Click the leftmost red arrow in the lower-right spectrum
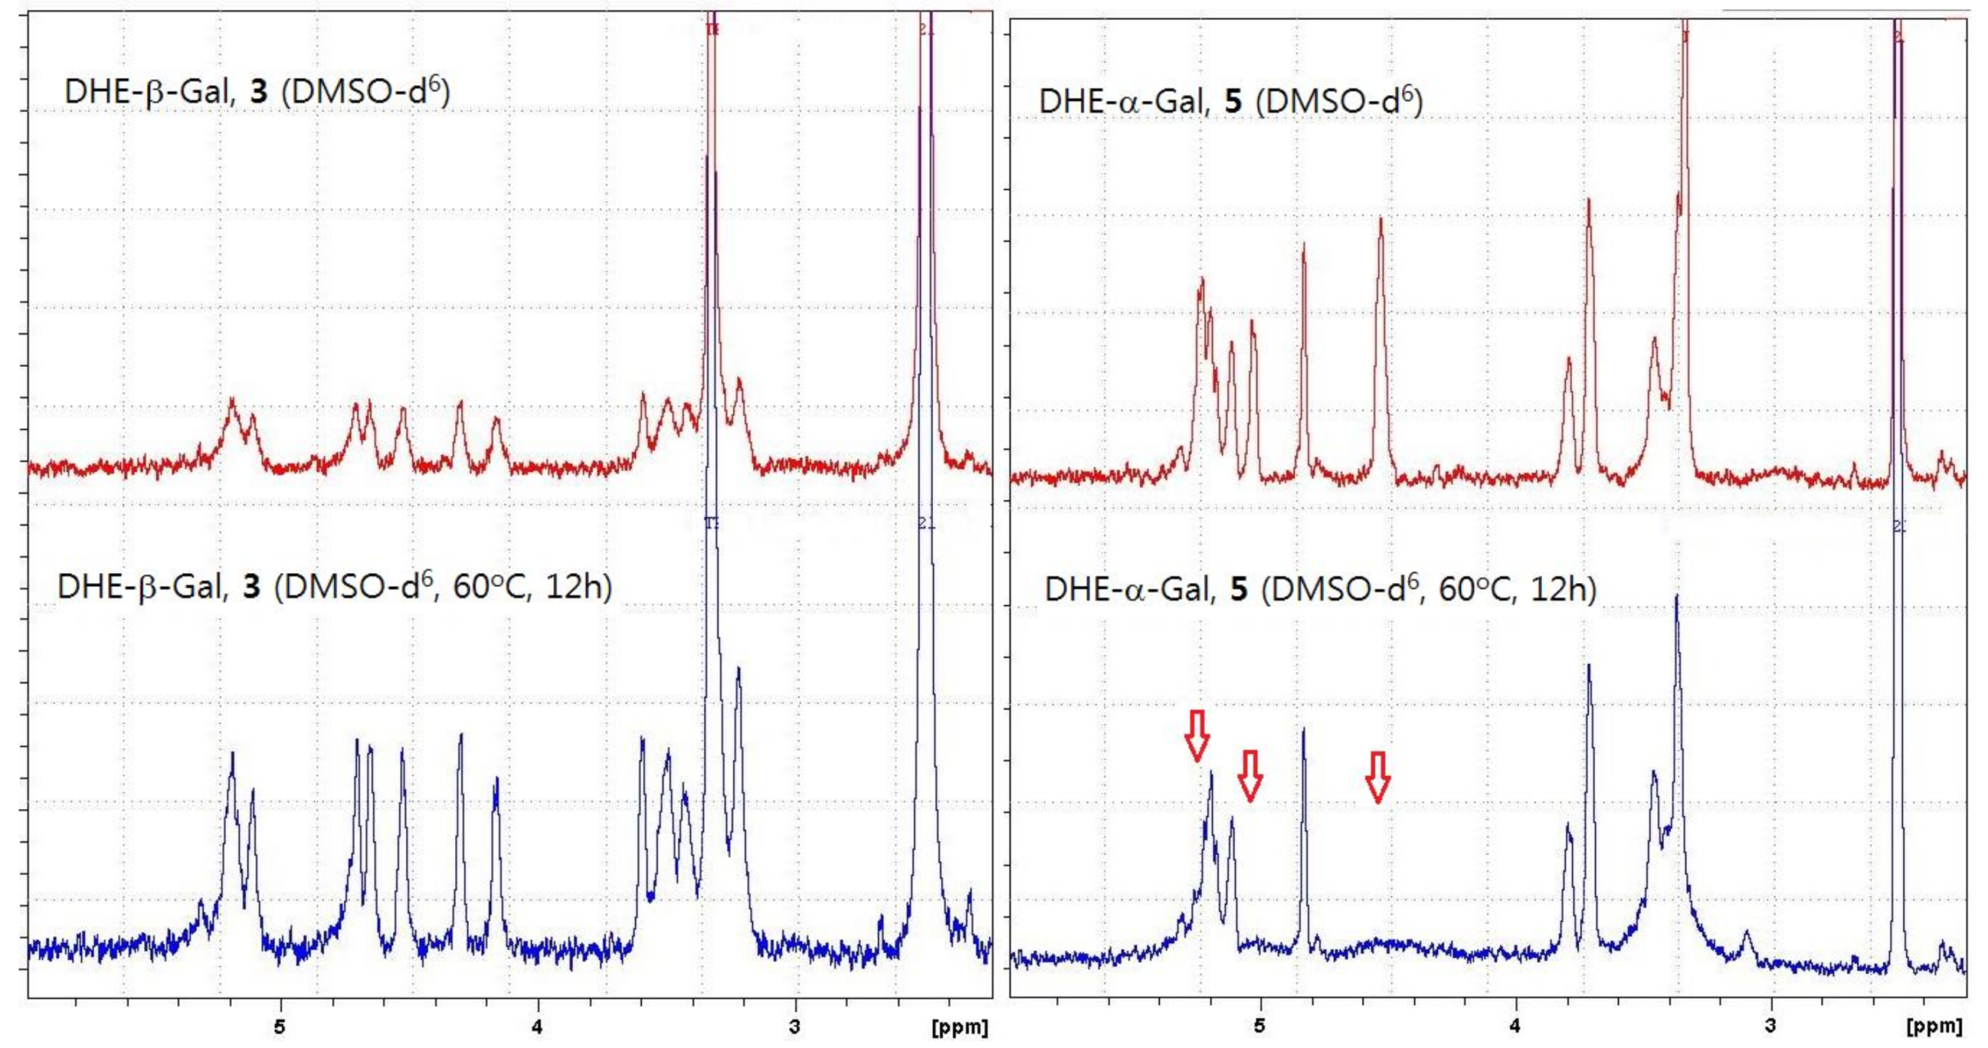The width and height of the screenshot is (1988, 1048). pyautogui.click(x=1197, y=735)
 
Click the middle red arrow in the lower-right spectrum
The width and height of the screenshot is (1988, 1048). pyautogui.click(x=1250, y=775)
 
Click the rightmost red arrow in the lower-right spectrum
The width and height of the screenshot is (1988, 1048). pyautogui.click(x=1378, y=776)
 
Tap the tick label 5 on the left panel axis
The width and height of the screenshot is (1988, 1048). pyautogui.click(x=280, y=1027)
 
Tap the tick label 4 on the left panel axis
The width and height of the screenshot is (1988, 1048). pyautogui.click(x=537, y=1027)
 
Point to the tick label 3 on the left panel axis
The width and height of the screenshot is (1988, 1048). pyautogui.click(x=795, y=1027)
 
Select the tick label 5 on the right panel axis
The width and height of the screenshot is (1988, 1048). pyautogui.click(x=1260, y=1027)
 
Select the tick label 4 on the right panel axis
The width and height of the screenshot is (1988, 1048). pyautogui.click(x=1515, y=1027)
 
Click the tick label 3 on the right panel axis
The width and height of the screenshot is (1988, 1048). pyautogui.click(x=1771, y=1027)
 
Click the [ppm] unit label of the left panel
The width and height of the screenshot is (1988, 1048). pyautogui.click(x=960, y=1028)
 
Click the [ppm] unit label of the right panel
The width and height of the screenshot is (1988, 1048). pyautogui.click(x=1934, y=1028)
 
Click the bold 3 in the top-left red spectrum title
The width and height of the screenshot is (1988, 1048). pyautogui.click(x=259, y=92)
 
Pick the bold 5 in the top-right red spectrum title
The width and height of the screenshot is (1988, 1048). pyautogui.click(x=1233, y=102)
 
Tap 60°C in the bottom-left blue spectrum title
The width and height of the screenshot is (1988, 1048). pyautogui.click(x=489, y=587)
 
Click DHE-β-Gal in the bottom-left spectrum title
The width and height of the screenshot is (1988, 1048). pyautogui.click(x=142, y=587)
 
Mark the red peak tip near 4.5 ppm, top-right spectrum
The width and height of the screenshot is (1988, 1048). pyautogui.click(x=1381, y=219)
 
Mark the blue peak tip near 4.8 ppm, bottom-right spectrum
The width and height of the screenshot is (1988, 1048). pyautogui.click(x=1304, y=730)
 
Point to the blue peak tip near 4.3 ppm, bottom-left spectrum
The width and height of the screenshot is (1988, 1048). pyautogui.click(x=461, y=735)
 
